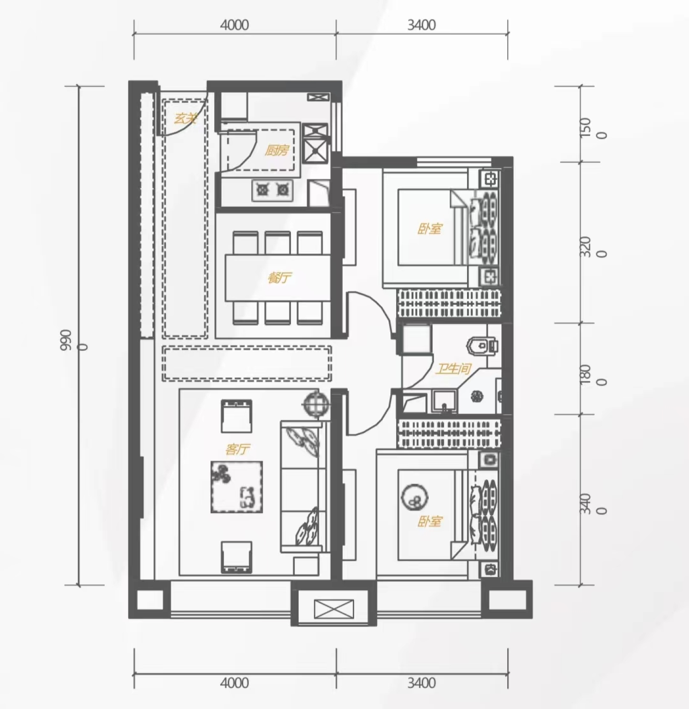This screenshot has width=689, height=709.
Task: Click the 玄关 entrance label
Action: tap(185, 118)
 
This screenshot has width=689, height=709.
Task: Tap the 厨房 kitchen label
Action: tap(276, 150)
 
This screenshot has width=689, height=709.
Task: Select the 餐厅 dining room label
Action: tap(279, 277)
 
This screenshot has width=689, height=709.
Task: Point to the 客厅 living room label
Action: tap(237, 449)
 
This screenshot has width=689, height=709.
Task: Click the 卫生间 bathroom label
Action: tap(453, 369)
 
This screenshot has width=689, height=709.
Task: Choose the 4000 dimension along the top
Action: tap(234, 25)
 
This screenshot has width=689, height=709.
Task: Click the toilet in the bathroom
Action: tap(482, 345)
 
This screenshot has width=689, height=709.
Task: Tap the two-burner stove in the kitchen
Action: tap(272, 190)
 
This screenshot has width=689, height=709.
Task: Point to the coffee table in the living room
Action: tap(236, 487)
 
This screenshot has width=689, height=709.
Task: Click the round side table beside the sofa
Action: tap(315, 404)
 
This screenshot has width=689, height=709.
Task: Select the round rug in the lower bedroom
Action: tap(414, 497)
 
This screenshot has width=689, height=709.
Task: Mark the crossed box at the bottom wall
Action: tap(334, 609)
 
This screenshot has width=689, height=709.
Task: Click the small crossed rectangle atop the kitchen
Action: tap(319, 97)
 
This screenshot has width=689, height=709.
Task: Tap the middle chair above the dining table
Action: tap(278, 242)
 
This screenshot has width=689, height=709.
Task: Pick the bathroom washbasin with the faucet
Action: tap(444, 402)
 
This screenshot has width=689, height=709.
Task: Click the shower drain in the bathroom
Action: tap(477, 396)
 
